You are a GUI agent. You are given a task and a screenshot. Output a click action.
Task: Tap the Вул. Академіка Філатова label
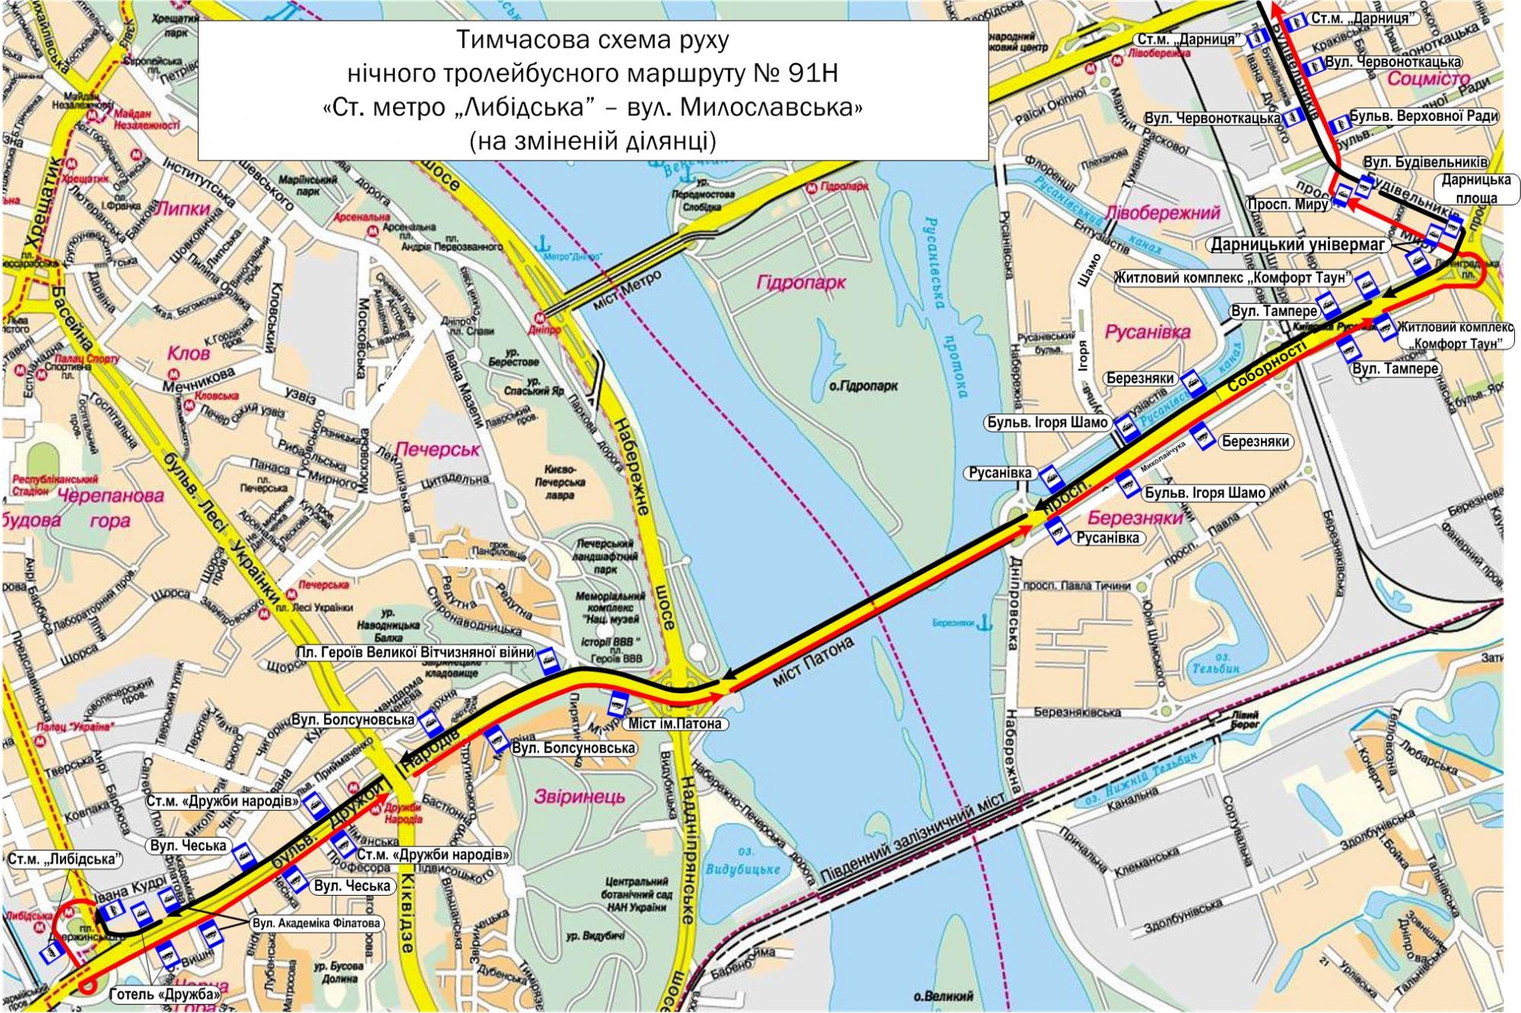pos(315,923)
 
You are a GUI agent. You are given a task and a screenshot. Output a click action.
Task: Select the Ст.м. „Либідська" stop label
pos(66,859)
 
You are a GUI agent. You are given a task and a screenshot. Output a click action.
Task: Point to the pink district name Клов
pos(190,354)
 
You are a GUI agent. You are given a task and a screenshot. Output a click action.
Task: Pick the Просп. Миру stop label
pos(1288,205)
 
